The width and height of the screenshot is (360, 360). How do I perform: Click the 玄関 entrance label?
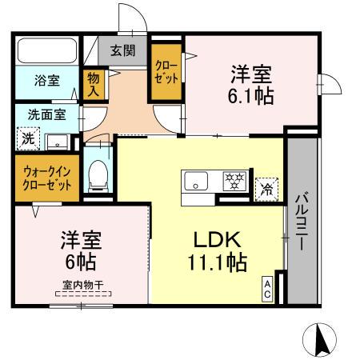[122, 51]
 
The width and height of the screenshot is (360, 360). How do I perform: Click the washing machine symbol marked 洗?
[28, 138]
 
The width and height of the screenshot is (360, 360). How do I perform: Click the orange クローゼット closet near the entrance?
[166, 71]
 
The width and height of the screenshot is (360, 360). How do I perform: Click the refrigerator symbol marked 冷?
[266, 190]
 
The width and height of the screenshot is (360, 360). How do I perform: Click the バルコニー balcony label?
[303, 221]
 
